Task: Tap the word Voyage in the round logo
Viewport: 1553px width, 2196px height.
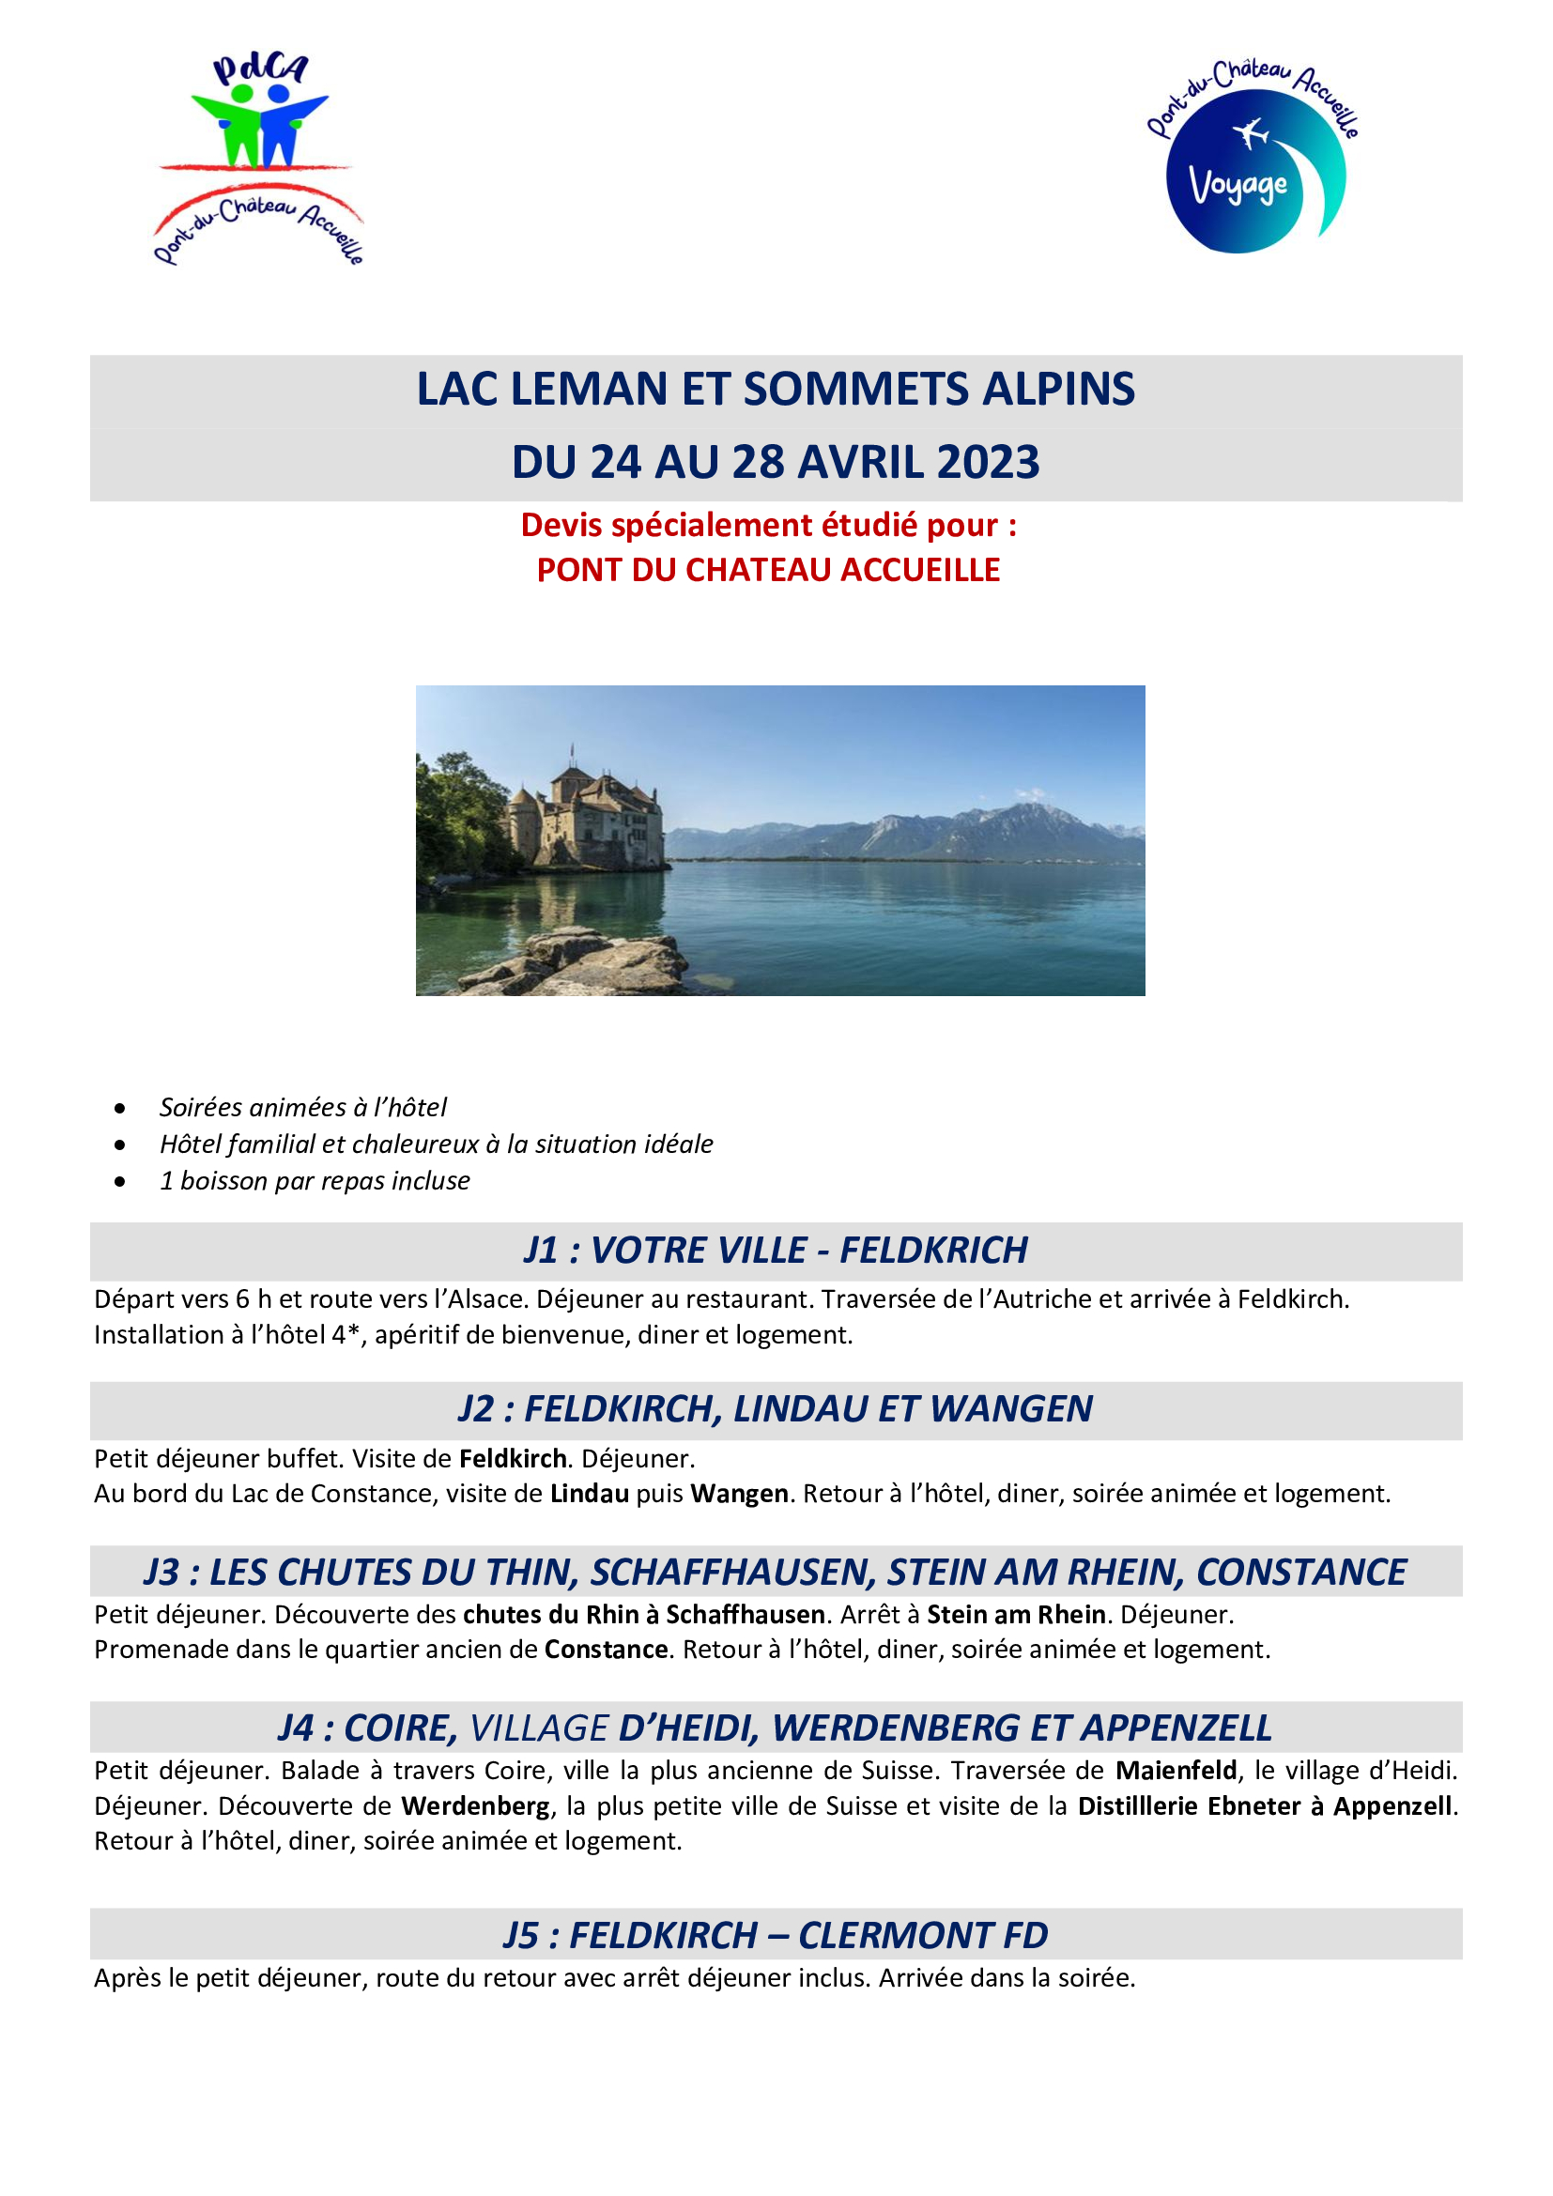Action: click(1238, 185)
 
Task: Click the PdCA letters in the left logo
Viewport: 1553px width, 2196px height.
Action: click(260, 69)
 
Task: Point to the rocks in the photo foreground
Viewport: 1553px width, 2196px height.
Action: click(574, 962)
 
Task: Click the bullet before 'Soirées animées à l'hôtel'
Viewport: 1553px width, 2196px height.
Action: click(119, 1109)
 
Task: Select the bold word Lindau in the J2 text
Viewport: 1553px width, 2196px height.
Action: click(589, 1494)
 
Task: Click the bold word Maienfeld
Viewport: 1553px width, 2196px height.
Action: click(1176, 1772)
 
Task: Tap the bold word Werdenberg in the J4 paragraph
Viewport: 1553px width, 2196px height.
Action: click(475, 1806)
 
